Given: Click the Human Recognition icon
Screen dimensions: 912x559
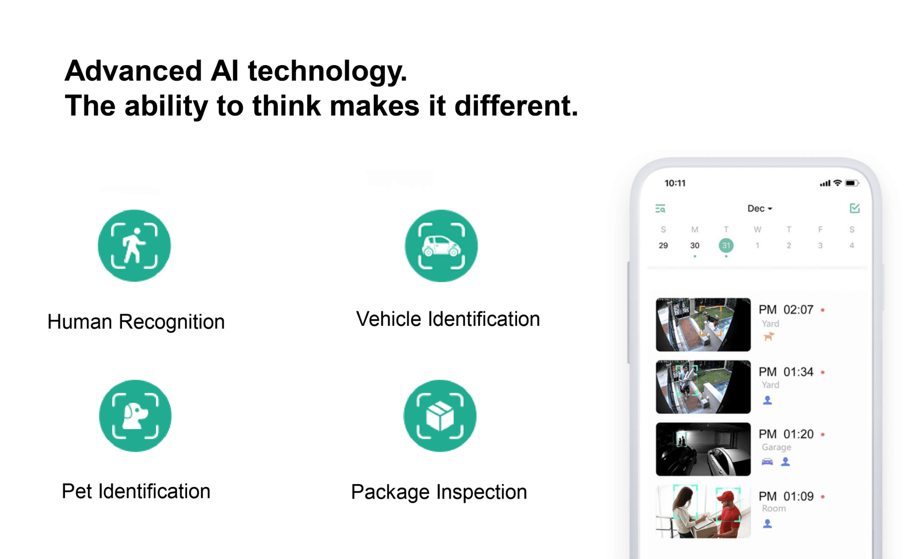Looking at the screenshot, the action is [134, 246].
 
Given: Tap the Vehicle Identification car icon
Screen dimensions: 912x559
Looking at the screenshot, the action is [441, 246].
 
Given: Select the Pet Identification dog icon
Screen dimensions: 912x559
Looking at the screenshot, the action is [135, 416].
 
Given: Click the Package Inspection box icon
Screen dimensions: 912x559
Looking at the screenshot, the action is [440, 416].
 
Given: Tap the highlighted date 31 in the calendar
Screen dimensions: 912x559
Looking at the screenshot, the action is [726, 245].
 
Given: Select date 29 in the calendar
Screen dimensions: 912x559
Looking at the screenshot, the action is [663, 245].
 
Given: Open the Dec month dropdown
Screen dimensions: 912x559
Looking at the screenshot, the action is [760, 209].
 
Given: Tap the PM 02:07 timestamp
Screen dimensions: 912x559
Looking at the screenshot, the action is [786, 309].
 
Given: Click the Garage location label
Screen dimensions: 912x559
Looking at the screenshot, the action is [776, 447].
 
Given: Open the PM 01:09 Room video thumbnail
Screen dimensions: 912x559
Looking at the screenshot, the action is [703, 511].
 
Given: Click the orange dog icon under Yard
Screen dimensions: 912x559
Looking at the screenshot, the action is [768, 337].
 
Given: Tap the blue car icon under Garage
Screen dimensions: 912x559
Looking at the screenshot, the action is [767, 462].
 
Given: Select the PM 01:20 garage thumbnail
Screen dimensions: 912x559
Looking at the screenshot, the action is [703, 449].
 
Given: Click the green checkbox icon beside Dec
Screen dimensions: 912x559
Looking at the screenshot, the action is [855, 208].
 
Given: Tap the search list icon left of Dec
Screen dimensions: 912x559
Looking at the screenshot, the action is [660, 209].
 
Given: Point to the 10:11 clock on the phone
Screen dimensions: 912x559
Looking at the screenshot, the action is [675, 183].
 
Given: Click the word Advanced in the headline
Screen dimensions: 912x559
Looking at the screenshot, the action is [134, 71].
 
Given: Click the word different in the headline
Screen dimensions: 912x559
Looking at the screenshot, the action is [516, 106].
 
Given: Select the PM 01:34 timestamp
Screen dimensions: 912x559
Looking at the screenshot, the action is [786, 372].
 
